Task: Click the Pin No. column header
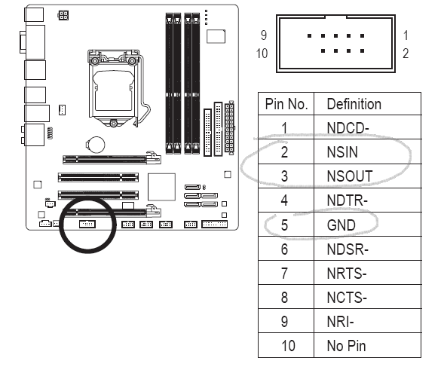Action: point(284,104)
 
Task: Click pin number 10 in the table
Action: point(284,345)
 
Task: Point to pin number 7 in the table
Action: point(284,273)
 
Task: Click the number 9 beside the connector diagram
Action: point(264,35)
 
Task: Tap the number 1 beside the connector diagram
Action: point(406,35)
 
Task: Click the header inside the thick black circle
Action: point(87,224)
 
